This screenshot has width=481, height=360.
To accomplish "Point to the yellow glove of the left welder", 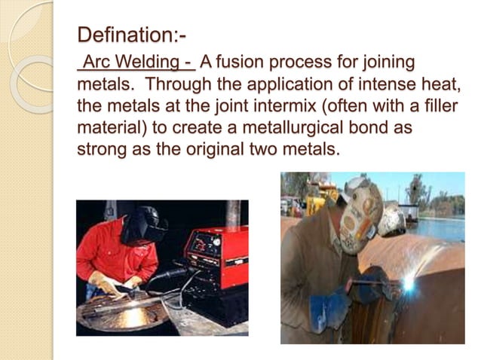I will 106,285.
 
